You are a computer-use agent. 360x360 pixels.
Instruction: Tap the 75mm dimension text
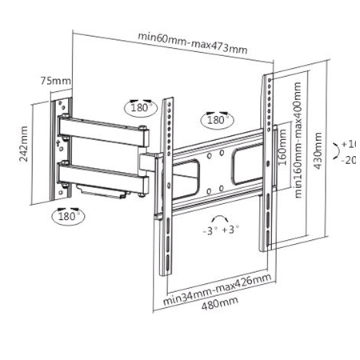point(56,81)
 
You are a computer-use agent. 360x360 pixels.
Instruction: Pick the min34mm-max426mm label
point(218,291)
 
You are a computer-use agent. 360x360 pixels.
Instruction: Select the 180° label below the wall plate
point(68,216)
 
